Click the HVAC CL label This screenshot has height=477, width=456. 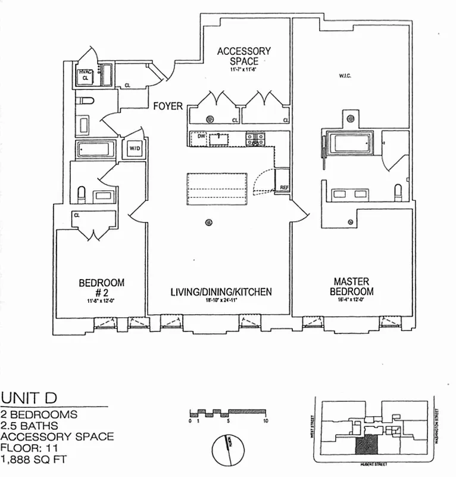pos(85,75)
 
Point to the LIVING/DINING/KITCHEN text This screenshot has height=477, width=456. pos(221,292)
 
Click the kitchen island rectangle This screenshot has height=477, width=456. pos(217,188)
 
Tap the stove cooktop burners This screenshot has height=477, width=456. pos(257,139)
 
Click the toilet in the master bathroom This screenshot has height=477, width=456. pos(399,191)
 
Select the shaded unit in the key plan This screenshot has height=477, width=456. pos(367,444)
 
